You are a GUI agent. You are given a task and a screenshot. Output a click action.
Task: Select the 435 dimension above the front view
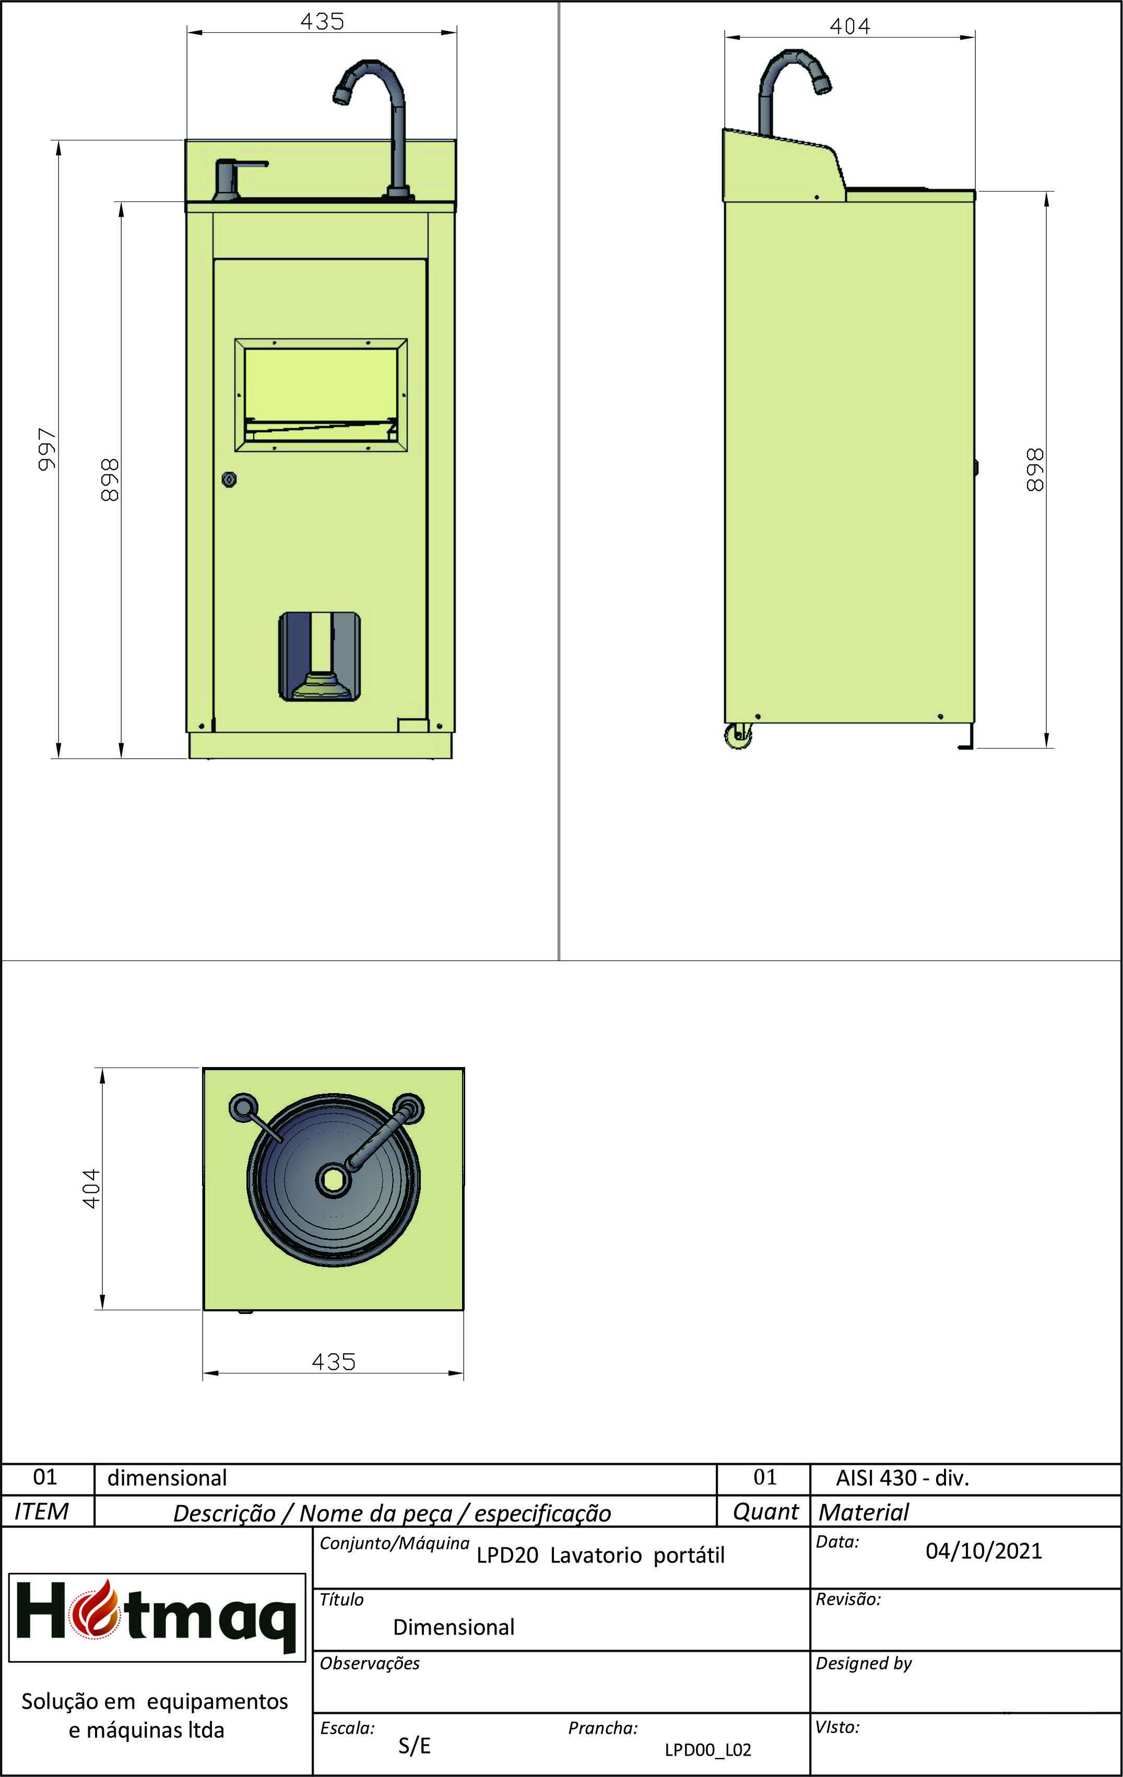(322, 21)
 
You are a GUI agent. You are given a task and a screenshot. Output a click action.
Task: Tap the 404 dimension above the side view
(849, 27)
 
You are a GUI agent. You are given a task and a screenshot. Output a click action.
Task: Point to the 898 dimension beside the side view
(1035, 469)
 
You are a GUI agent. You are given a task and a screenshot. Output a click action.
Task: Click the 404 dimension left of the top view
(91, 1188)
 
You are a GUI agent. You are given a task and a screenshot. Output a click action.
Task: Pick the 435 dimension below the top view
(334, 1361)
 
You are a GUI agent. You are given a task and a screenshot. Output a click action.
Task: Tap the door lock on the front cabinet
(230, 480)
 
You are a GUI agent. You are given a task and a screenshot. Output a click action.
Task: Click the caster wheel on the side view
(739, 737)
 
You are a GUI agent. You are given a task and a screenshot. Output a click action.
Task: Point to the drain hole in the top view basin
(333, 1180)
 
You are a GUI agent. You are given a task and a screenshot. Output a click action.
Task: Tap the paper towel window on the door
(321, 394)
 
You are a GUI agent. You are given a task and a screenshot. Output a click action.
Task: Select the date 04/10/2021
(984, 1550)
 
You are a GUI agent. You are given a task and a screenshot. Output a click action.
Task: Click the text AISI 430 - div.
(902, 1478)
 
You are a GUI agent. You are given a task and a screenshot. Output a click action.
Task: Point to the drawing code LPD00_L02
(707, 1750)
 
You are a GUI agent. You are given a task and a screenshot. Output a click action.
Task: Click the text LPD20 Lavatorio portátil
(600, 1556)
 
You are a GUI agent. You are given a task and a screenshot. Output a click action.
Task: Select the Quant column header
(765, 1512)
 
